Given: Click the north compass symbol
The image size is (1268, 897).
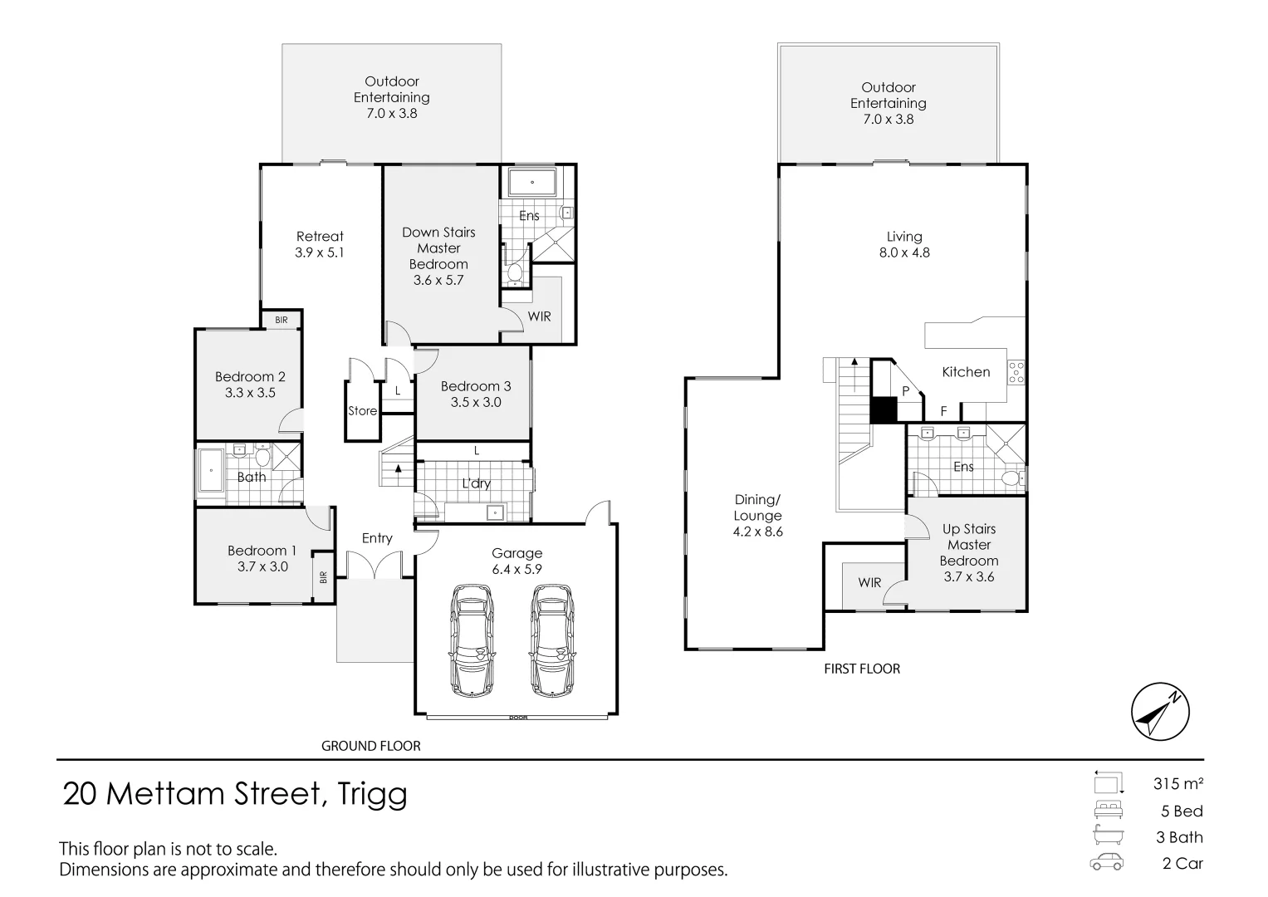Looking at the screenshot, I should (1160, 712).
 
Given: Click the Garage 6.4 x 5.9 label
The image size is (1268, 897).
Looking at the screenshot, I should (517, 561).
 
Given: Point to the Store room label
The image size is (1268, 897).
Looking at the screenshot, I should (362, 411).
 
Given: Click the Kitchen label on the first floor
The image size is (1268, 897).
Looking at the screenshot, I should (966, 372).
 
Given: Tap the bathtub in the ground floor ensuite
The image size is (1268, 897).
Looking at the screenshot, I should (531, 182).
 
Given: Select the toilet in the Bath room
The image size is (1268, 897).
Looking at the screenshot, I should (262, 456).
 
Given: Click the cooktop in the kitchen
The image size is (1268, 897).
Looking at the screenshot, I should (1016, 371).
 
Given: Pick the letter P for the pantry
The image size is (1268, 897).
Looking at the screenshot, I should (906, 390).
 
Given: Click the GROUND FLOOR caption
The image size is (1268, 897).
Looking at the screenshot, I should (371, 746).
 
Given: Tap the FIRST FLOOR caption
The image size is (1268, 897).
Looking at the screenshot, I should (862, 669).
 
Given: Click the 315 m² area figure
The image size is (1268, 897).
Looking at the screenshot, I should (1178, 783).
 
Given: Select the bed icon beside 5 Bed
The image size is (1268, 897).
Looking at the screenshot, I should (1108, 810).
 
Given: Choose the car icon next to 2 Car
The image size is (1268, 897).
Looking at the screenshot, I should (1107, 862).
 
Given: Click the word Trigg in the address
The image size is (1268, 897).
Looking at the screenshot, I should (373, 794).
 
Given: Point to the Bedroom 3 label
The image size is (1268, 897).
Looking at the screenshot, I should (476, 394).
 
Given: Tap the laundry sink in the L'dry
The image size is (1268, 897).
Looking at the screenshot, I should (496, 512).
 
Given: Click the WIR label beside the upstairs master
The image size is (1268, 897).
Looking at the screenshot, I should (869, 583).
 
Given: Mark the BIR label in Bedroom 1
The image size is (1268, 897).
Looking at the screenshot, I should (323, 576).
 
